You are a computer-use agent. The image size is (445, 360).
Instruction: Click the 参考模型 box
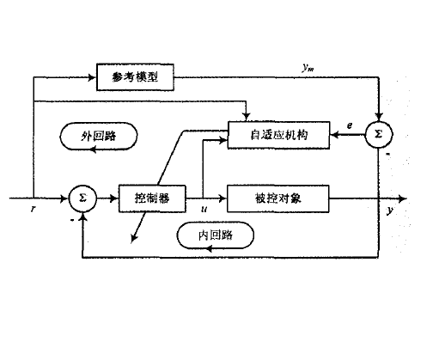point(136,79)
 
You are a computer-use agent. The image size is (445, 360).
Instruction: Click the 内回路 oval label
point(210,234)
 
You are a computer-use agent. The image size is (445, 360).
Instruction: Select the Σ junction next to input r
point(82,198)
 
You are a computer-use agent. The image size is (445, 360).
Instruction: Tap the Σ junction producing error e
point(378,136)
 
